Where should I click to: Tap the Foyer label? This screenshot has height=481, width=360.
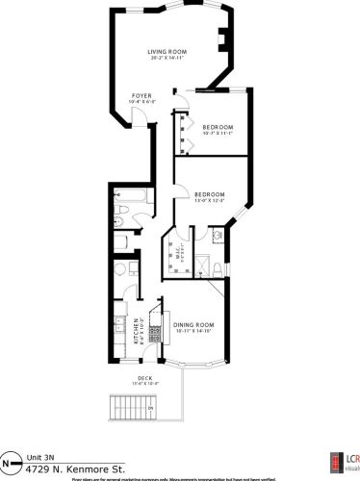141,96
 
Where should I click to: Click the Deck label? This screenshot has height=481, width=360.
146,378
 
